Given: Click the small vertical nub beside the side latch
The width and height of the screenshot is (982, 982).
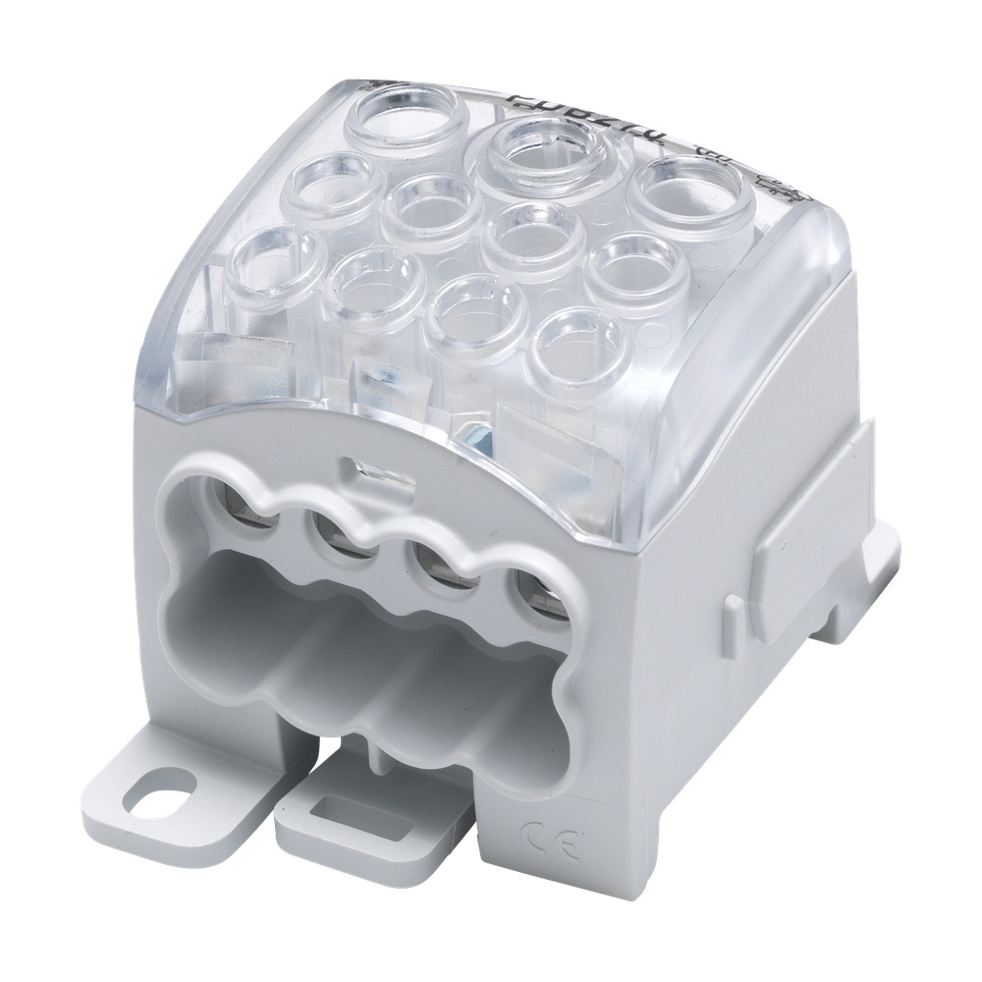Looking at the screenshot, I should pyautogui.click(x=732, y=620).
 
